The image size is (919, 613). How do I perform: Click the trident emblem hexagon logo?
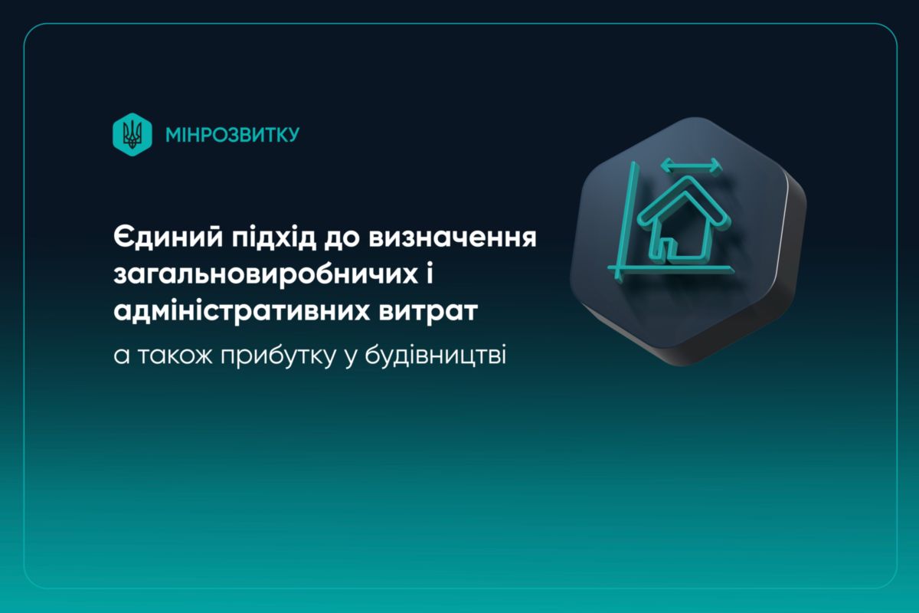point(132,135)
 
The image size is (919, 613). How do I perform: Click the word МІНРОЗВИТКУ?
point(233,135)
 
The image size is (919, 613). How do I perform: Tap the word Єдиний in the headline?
point(168,238)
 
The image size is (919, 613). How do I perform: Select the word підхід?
point(274,238)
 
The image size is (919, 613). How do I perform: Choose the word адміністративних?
point(241,311)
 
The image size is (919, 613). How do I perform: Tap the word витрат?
point(428,312)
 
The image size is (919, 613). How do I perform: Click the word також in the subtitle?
point(175,356)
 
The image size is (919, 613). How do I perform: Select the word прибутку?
point(279,356)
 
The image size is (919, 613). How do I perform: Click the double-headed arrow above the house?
point(691,166)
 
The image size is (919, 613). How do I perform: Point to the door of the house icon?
point(669,247)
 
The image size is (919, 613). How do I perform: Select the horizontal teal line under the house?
point(670,269)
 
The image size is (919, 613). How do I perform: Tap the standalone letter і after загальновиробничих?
point(429,273)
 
